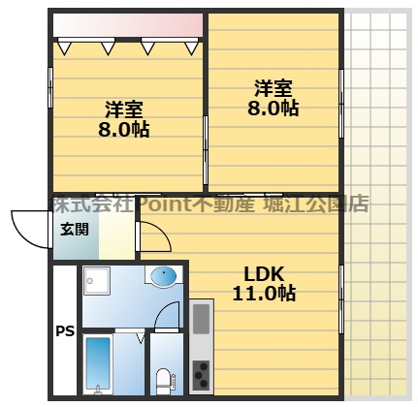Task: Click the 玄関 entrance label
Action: coord(74,230)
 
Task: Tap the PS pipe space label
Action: coord(64,332)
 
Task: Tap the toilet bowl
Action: coord(163,377)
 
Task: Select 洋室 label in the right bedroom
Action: coord(273,88)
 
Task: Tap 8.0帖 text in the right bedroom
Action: coord(273,109)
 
